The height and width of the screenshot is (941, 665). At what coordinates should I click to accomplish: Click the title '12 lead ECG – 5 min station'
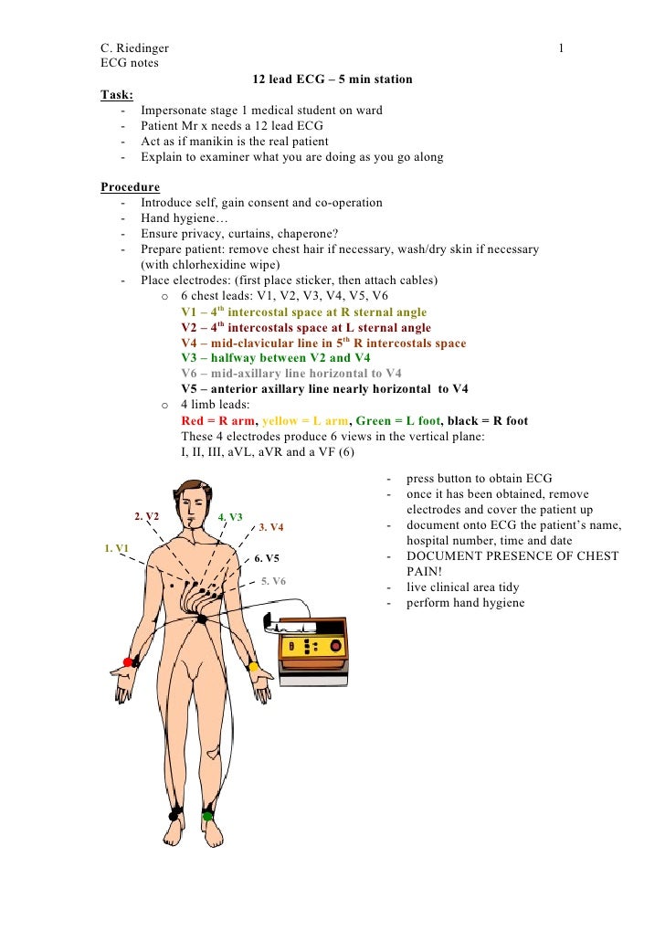click(x=332, y=79)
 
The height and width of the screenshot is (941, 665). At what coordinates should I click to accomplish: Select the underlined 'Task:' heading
click(x=116, y=95)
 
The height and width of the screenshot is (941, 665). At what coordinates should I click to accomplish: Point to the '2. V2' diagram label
click(x=147, y=516)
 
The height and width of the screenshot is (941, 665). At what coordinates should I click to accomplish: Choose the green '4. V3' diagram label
click(x=230, y=517)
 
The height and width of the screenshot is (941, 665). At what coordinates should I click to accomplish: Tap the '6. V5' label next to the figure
click(x=267, y=557)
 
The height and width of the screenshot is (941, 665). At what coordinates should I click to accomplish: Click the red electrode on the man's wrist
click(x=128, y=662)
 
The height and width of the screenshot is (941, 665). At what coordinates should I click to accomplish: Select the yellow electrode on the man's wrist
click(x=253, y=666)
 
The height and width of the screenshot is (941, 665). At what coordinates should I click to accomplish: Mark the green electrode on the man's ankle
click(x=207, y=815)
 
